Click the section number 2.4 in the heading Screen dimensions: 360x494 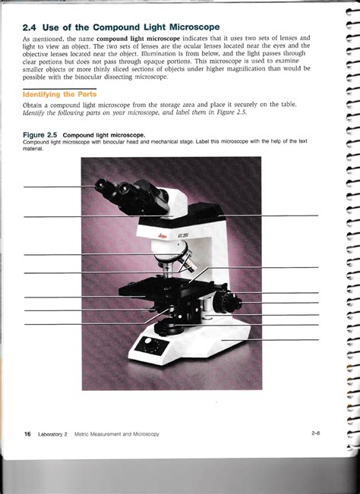point(30,27)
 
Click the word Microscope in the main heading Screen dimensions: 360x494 point(194,27)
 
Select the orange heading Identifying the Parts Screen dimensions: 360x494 point(59,94)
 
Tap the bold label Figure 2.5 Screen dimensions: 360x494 point(39,135)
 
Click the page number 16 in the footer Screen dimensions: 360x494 point(27,434)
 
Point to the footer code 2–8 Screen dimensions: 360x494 point(316,433)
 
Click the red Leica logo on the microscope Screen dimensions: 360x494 point(163,236)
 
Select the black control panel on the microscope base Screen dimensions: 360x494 point(150,345)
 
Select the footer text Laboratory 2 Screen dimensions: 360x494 point(52,434)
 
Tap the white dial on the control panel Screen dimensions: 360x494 point(148,340)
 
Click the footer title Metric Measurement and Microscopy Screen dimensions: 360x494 point(117,434)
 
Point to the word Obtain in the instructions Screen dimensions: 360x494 point(32,105)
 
